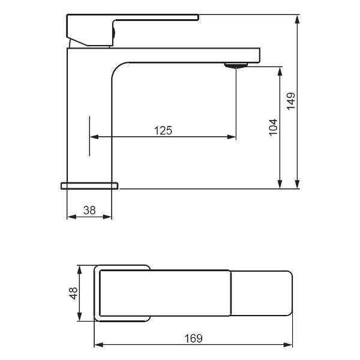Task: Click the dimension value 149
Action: click(290, 101)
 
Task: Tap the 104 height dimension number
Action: click(273, 128)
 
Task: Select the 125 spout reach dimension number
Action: click(163, 130)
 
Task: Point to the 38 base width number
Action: click(89, 211)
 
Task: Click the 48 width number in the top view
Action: click(73, 293)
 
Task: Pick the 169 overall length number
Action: click(194, 338)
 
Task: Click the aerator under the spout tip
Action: click(236, 65)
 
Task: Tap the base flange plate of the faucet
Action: click(89, 186)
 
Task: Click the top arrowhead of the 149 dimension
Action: click(297, 19)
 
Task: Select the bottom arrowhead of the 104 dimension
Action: click(280, 184)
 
